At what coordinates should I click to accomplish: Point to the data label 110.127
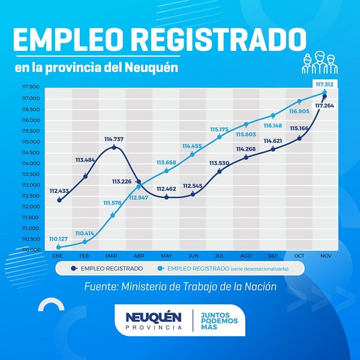58,239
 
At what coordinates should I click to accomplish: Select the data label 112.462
166,189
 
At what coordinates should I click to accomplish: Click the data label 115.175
220,129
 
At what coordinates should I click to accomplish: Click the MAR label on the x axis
112,255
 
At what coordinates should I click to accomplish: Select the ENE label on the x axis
58,255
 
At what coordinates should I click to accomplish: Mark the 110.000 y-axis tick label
31,250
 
